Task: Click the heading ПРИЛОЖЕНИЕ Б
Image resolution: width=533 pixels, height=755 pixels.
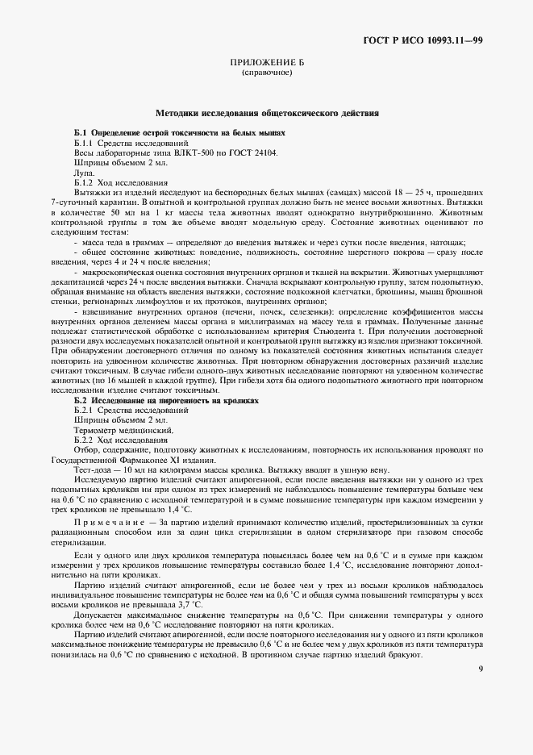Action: pyautogui.click(x=266, y=62)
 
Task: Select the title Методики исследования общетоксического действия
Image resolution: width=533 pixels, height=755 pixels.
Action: pyautogui.click(x=267, y=114)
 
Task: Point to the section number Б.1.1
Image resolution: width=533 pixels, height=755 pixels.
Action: pyautogui.click(x=85, y=143)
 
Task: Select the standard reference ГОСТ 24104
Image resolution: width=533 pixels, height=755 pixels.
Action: pyautogui.click(x=253, y=152)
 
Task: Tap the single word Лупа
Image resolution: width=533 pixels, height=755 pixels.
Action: pyautogui.click(x=84, y=173)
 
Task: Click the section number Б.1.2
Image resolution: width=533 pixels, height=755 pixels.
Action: pyautogui.click(x=85, y=183)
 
